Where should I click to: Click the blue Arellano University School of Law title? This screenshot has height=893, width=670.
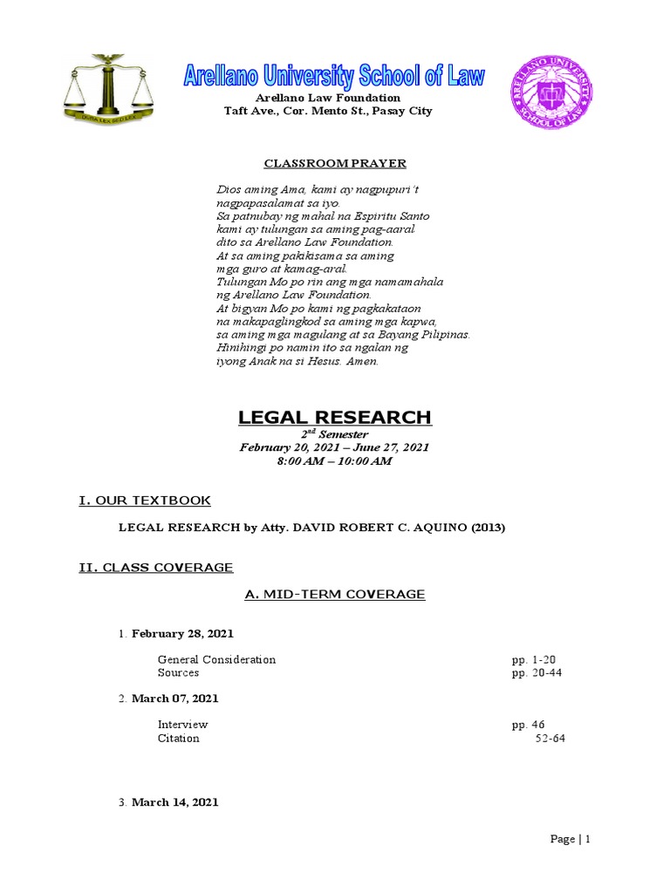(x=333, y=76)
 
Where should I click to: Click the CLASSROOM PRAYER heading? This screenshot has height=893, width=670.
(x=324, y=163)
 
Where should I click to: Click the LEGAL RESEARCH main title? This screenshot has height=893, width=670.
(x=335, y=418)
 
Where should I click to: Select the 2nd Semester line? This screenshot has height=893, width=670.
(x=335, y=434)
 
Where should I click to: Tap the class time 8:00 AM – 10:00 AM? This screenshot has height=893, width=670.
(x=335, y=460)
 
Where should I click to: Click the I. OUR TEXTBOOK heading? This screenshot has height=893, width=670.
(x=145, y=500)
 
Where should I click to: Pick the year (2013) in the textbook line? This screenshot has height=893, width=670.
(x=488, y=528)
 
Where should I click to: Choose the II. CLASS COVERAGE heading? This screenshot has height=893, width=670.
(x=156, y=568)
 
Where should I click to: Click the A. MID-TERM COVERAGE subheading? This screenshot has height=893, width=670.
(x=335, y=595)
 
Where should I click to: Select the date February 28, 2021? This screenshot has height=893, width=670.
(x=182, y=633)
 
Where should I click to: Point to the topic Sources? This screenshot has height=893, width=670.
(x=178, y=672)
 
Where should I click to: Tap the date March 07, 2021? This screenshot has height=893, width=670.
(x=175, y=699)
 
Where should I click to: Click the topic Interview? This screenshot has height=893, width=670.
(x=182, y=725)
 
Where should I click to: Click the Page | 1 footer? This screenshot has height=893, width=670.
(x=571, y=839)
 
